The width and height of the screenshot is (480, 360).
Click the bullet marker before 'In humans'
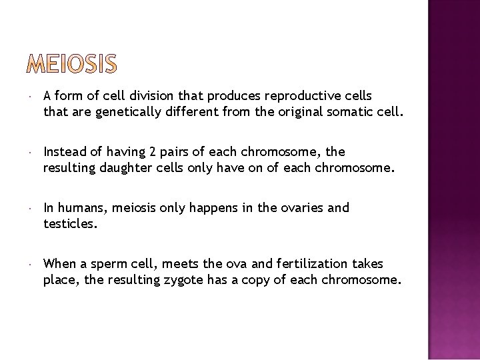[x=31, y=209]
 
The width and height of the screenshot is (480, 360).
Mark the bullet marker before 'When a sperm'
[x=31, y=265]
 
